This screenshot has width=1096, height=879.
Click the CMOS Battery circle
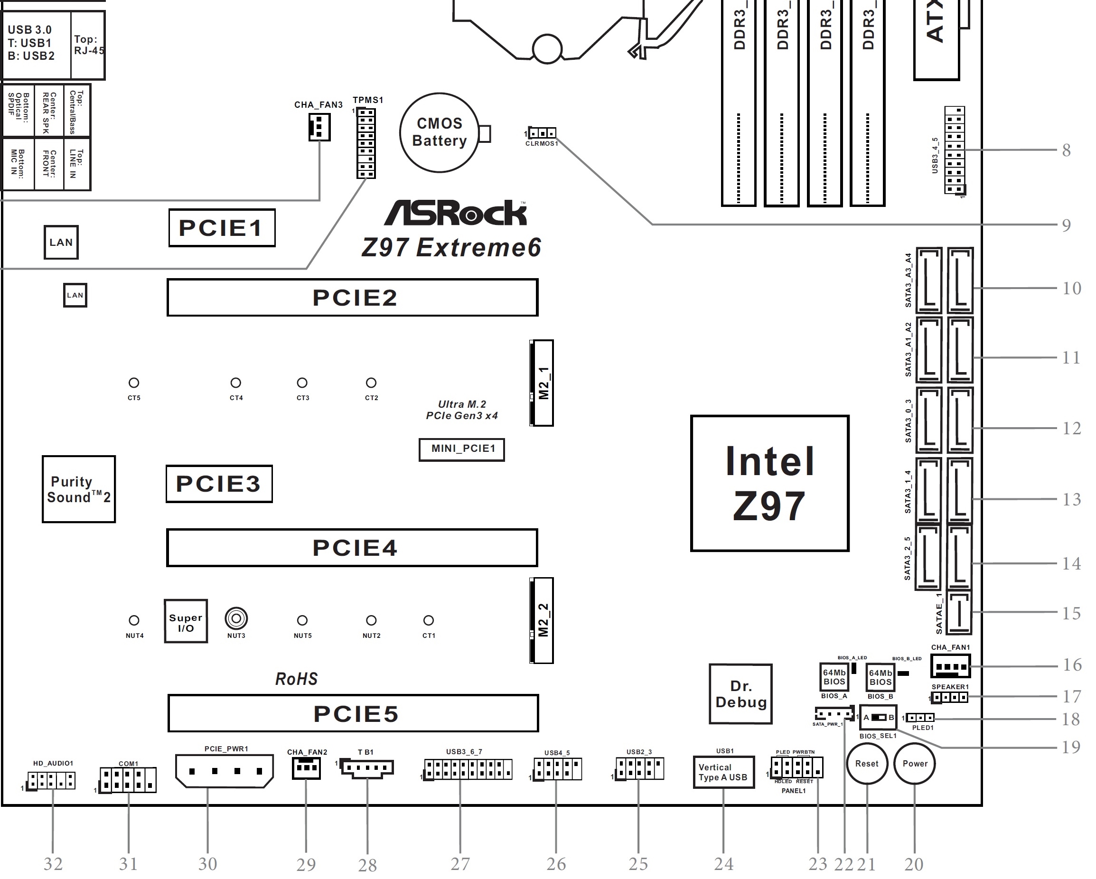pos(439,132)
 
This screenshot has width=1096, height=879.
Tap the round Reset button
pos(867,764)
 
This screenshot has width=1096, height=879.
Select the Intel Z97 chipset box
pos(769,483)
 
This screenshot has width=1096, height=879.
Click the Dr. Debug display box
pos(740,694)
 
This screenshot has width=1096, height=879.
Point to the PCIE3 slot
pos(219,484)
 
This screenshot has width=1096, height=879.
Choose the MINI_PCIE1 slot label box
pos(461,449)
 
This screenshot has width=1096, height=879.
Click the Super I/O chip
pos(186,621)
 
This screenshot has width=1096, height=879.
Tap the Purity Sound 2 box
pos(79,489)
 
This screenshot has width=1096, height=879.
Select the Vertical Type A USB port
pos(723,772)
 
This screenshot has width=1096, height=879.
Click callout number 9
pos(1067,225)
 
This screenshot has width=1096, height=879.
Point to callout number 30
pos(207,864)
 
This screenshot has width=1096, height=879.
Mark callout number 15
pos(1071,613)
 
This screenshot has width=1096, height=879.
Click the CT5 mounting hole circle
pos(134,383)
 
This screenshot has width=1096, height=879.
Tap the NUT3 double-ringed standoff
pos(236,619)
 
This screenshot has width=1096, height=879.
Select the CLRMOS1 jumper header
pos(542,133)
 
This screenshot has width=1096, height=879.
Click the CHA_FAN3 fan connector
pos(319,127)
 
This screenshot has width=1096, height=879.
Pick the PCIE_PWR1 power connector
pos(224,771)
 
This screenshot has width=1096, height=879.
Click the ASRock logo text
pos(456,214)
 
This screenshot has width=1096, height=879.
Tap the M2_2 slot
pos(542,620)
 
